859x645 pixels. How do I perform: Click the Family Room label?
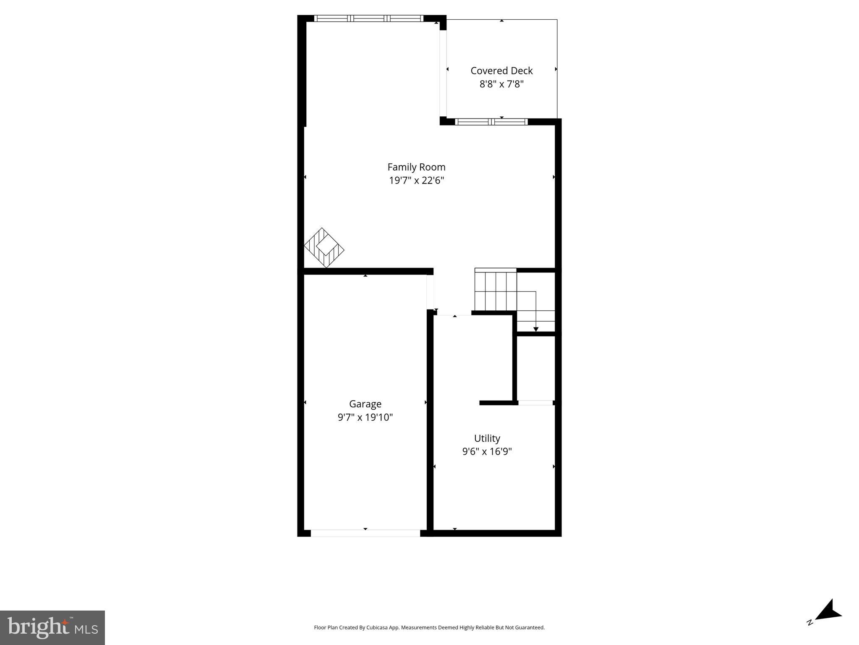(x=416, y=167)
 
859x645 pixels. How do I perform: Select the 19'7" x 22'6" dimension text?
(x=416, y=181)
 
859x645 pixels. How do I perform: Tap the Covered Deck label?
(x=501, y=71)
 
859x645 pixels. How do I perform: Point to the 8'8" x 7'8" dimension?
(x=501, y=84)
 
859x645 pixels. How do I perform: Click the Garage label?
(x=365, y=404)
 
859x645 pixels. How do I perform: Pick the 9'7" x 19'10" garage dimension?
(x=365, y=417)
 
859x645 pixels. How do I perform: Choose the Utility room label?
(x=487, y=438)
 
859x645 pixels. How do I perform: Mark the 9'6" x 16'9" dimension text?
(x=487, y=452)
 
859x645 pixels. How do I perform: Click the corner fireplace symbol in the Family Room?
(x=324, y=248)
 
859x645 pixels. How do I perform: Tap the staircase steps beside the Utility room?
(x=495, y=291)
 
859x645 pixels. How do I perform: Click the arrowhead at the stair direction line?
(x=535, y=329)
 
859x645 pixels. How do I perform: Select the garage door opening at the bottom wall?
(x=365, y=533)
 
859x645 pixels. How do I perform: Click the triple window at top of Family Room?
(x=368, y=18)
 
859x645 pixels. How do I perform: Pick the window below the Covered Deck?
(x=491, y=122)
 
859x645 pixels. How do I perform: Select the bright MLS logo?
(x=52, y=627)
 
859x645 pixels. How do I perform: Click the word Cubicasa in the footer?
(x=376, y=627)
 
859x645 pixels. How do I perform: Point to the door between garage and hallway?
(x=430, y=292)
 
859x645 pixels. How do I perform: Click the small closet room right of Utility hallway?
(x=535, y=368)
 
